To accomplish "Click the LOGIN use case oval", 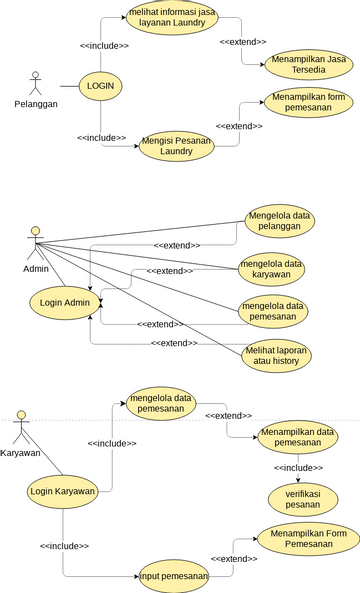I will point(100,86).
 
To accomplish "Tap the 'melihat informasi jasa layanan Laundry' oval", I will point(171,20).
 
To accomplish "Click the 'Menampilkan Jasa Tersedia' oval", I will point(302,66).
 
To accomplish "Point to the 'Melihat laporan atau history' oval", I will point(276,357).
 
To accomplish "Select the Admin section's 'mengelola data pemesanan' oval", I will point(272,311).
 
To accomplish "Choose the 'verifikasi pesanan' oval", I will point(297,499).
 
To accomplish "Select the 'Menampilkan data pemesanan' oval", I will point(297,438).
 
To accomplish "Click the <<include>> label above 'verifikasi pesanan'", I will point(298,467).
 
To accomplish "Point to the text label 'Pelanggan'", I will point(36,103).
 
